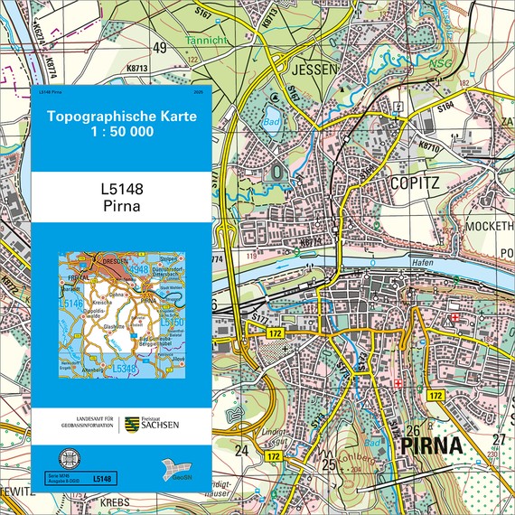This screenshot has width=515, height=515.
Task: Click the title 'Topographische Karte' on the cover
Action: pyautogui.click(x=120, y=117)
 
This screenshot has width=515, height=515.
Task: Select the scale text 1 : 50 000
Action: pyautogui.click(x=120, y=132)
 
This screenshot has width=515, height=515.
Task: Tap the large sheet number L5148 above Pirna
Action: pyautogui.click(x=122, y=191)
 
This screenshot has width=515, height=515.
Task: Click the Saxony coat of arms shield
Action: pyautogui.click(x=132, y=424)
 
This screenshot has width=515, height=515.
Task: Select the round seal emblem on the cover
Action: pyautogui.click(x=65, y=457)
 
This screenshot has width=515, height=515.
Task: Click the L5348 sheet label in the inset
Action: pyautogui.click(x=124, y=368)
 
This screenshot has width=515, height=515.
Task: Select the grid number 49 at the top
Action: pyautogui.click(x=160, y=47)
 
